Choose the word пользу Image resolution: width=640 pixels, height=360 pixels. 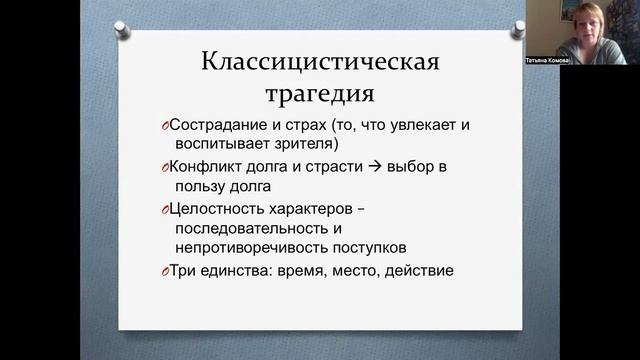click(196, 186)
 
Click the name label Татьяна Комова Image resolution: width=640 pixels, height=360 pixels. click(548, 59)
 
